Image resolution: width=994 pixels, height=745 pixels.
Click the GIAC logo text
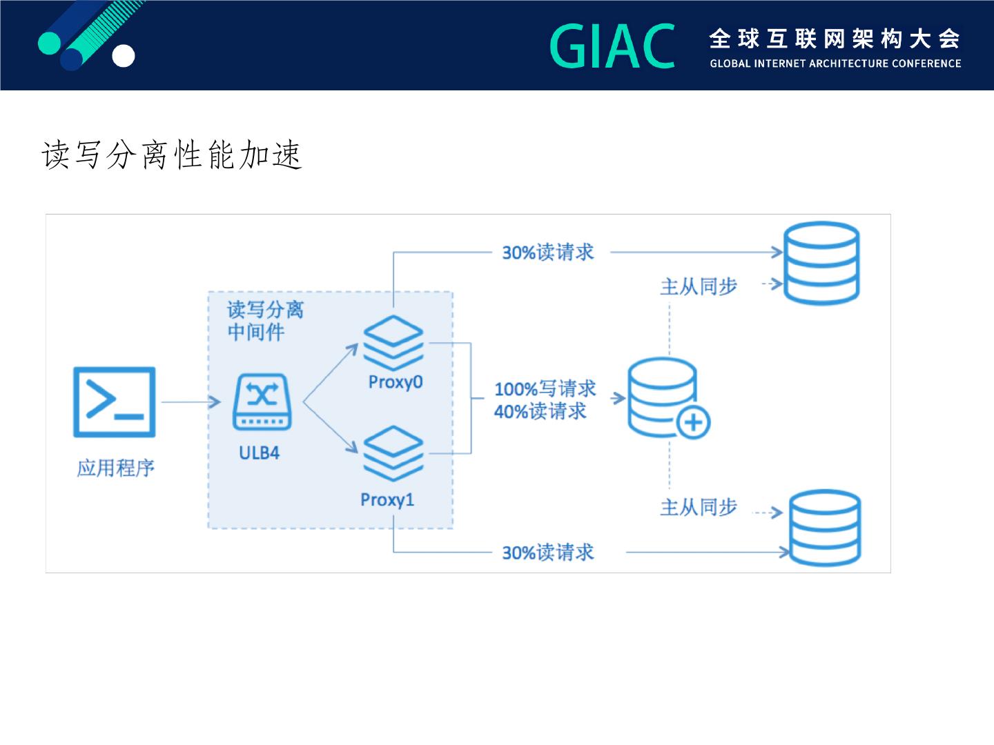point(612,46)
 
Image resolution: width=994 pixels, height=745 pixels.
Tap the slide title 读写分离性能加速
point(172,154)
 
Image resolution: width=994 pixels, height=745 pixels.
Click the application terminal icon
point(115,402)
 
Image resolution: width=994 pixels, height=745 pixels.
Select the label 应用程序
point(115,468)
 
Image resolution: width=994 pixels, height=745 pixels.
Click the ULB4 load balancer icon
point(262,402)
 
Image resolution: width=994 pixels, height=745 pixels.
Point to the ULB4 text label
point(259,453)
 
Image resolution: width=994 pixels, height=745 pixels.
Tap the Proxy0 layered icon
point(393,343)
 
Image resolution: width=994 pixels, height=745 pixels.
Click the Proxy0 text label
point(395,382)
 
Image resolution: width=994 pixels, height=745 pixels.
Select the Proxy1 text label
point(387,499)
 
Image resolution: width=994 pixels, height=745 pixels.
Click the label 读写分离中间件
point(265,321)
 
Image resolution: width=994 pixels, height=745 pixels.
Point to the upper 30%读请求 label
point(547,252)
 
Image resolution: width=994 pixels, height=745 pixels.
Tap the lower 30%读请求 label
point(547,553)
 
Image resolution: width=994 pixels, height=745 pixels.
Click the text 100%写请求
point(545,388)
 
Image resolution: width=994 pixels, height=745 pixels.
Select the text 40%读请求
point(540,412)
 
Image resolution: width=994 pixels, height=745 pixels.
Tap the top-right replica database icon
point(821,263)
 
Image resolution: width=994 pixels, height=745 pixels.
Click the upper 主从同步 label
point(699,286)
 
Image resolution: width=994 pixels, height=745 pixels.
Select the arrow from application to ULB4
point(191,402)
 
